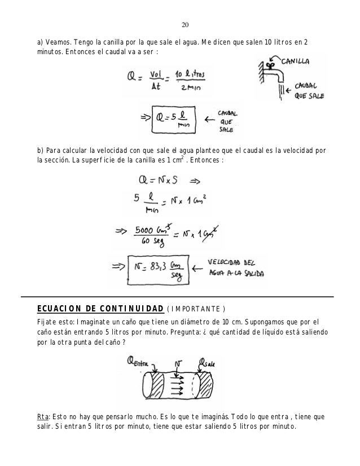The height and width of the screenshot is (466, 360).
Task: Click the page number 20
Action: click(x=185, y=25)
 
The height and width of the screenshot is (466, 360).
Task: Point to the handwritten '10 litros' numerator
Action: click(x=190, y=74)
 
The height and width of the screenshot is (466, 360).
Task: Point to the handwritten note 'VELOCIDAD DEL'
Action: click(x=230, y=262)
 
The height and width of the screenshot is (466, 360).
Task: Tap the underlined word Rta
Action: click(x=42, y=417)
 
